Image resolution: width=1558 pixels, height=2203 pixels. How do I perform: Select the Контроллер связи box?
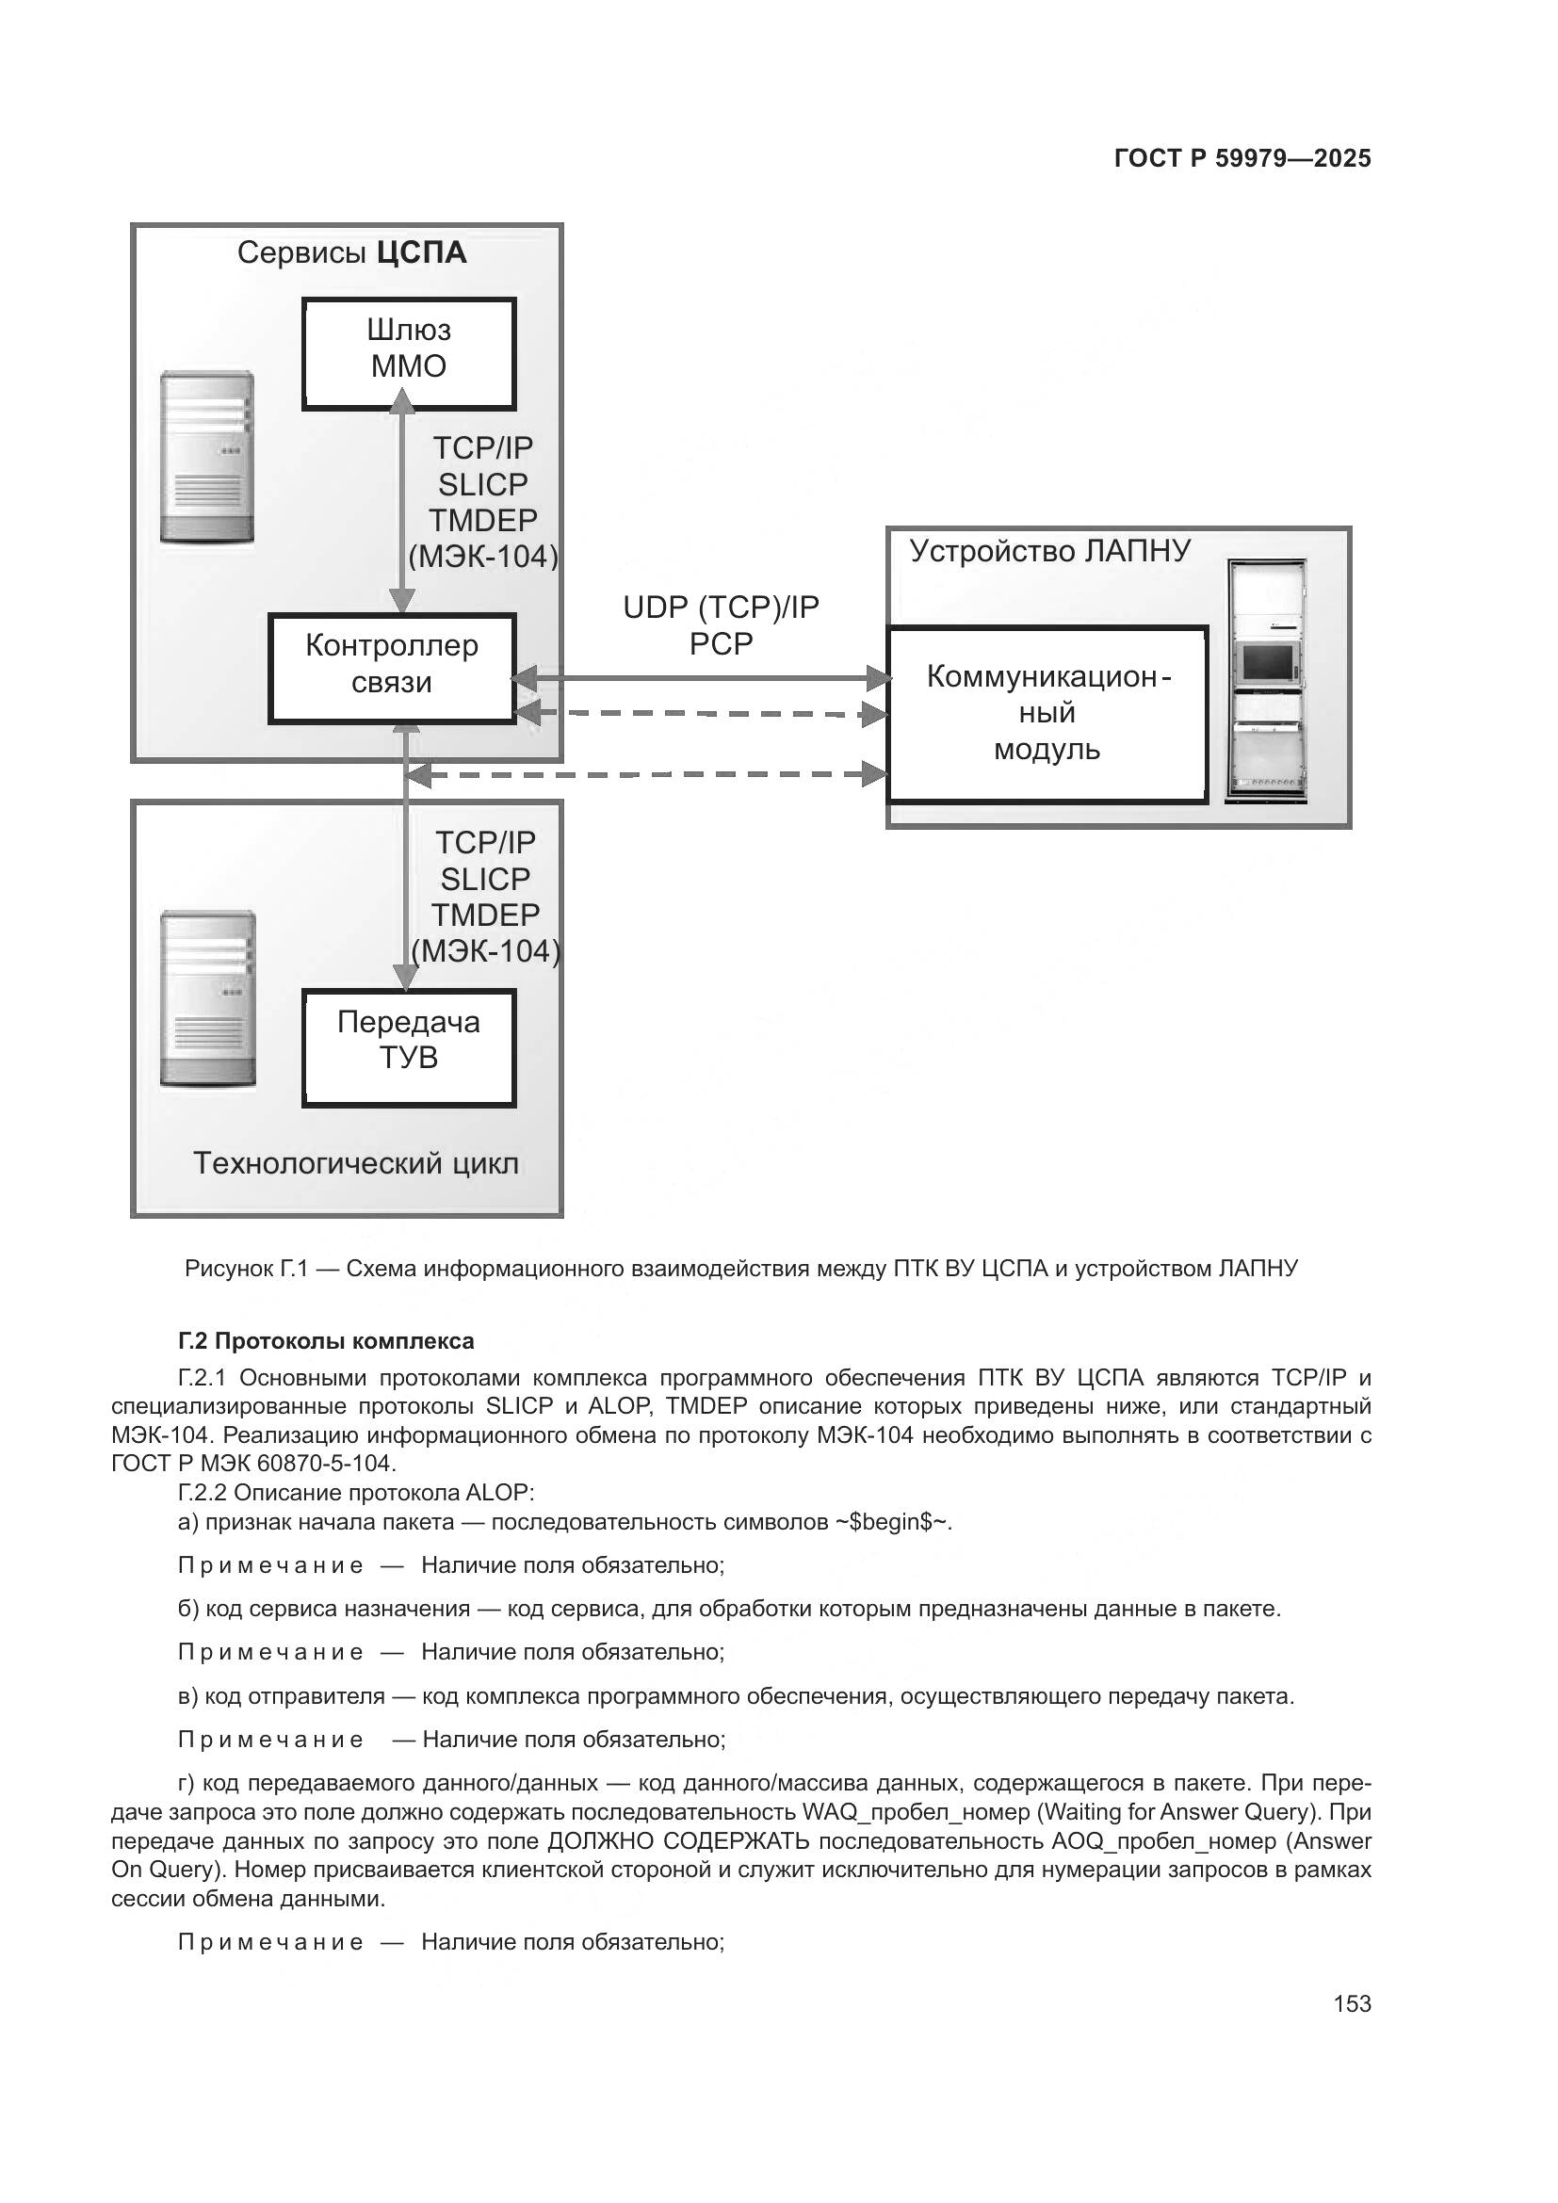tap(392, 666)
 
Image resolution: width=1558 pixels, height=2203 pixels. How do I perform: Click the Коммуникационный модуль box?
tap(1047, 714)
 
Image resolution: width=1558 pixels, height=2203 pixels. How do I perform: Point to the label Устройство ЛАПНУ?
tap(1049, 551)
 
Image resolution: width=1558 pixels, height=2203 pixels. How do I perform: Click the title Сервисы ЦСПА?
tap(351, 253)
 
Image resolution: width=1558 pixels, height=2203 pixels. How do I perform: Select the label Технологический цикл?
tap(356, 1163)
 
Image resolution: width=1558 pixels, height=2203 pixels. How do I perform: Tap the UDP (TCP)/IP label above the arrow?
tap(721, 607)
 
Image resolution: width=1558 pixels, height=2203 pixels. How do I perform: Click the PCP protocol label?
tap(721, 644)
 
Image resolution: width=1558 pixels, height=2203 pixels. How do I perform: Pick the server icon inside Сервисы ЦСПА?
tap(207, 457)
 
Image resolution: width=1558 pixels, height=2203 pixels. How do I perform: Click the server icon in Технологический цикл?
tap(207, 997)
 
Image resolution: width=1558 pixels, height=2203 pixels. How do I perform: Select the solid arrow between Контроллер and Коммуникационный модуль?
tap(700, 678)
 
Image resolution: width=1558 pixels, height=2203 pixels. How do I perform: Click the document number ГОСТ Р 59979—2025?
tap(1242, 159)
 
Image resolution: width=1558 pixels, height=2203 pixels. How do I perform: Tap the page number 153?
tap(1352, 2003)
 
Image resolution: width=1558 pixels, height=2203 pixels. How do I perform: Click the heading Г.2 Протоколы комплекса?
tap(326, 1340)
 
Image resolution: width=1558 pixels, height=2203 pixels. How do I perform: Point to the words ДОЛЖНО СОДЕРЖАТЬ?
tap(678, 1841)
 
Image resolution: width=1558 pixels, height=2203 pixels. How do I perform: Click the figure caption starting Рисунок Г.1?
tap(740, 1269)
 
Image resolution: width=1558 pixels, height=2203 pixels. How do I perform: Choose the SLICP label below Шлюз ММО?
tap(482, 484)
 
